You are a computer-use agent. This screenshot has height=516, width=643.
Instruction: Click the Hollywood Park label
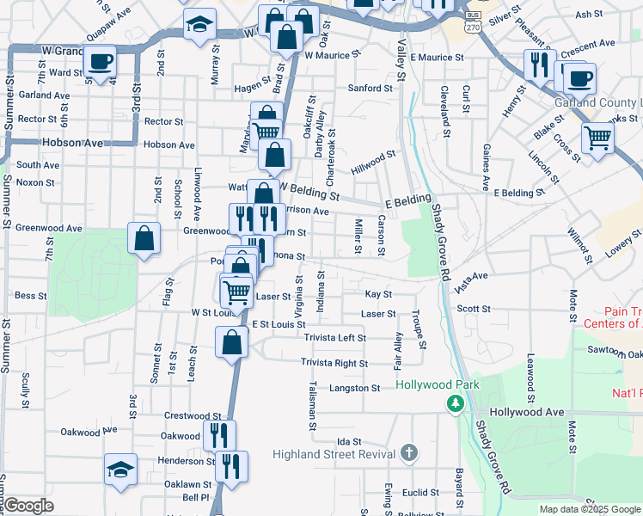click(x=435, y=384)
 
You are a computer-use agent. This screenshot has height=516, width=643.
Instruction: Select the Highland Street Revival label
click(x=333, y=454)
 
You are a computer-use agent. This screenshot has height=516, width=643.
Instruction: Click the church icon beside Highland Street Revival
click(x=410, y=453)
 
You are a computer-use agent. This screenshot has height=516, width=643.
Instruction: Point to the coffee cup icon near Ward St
click(x=101, y=60)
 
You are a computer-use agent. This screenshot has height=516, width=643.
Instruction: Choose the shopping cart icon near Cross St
click(x=597, y=137)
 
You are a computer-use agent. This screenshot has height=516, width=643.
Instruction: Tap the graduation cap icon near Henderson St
click(x=120, y=469)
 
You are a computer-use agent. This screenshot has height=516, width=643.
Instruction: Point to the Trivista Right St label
click(x=334, y=364)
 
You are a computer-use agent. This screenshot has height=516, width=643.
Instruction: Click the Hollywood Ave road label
click(x=527, y=413)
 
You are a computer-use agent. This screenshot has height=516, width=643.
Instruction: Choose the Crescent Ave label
click(x=588, y=43)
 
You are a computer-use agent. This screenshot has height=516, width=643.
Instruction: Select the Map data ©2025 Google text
click(x=589, y=509)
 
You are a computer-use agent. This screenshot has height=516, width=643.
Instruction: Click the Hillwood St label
click(x=372, y=159)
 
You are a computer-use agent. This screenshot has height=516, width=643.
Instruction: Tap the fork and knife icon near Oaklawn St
click(x=231, y=466)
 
